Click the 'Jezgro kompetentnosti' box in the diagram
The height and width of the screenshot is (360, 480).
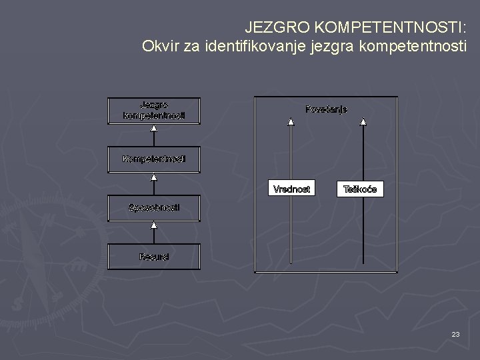(x=154, y=110)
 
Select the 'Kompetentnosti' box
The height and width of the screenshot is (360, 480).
(x=154, y=159)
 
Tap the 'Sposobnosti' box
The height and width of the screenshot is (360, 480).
(x=154, y=207)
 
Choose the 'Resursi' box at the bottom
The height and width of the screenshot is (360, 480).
(x=154, y=256)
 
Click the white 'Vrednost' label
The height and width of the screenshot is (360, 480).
(x=291, y=189)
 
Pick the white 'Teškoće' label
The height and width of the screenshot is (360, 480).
(x=360, y=189)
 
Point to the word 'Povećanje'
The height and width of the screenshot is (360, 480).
(x=326, y=109)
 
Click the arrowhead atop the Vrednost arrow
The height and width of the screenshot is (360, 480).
(x=291, y=122)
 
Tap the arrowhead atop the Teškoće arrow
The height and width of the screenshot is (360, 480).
(x=363, y=122)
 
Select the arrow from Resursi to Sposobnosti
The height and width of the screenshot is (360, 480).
(x=154, y=233)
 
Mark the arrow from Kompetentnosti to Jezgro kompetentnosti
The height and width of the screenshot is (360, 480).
(x=154, y=135)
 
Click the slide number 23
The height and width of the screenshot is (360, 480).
(x=455, y=333)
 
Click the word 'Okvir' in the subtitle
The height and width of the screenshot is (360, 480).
(x=159, y=47)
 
